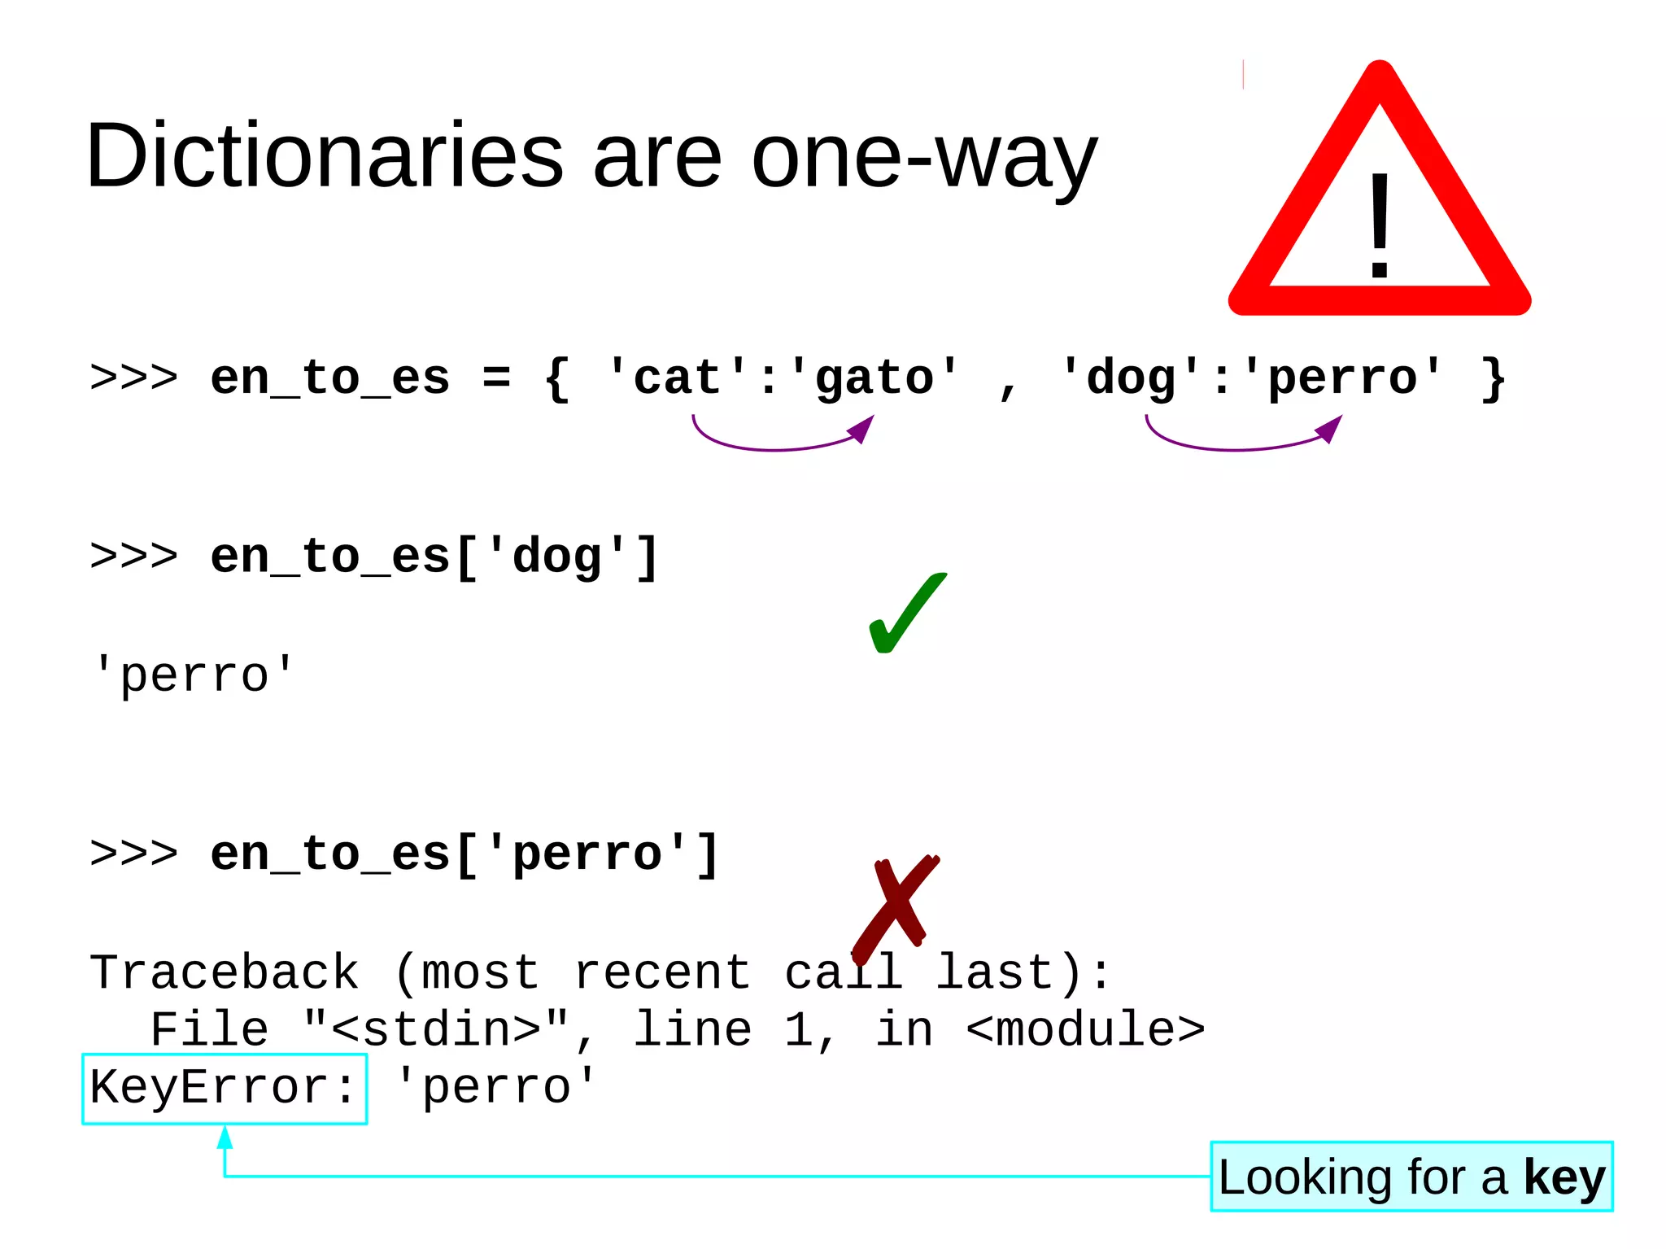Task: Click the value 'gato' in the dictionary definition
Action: point(875,379)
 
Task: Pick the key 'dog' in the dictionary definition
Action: point(1131,379)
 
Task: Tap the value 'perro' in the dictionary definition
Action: point(1342,379)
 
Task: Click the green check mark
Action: point(905,614)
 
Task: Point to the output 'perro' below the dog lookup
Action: point(194,675)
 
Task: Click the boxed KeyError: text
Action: point(224,1088)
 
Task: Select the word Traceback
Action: point(224,972)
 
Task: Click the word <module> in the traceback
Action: point(1085,1029)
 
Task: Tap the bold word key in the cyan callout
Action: point(1564,1177)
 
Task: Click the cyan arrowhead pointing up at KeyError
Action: point(225,1138)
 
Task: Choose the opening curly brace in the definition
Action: point(557,379)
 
